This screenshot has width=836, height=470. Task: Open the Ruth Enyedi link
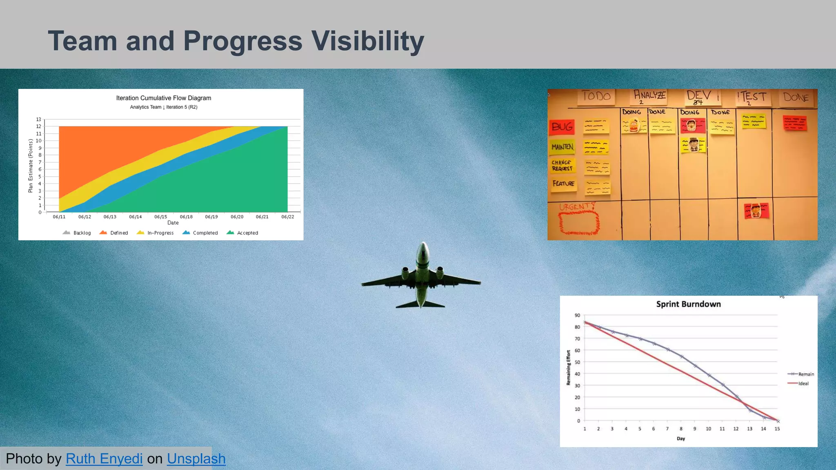(x=104, y=459)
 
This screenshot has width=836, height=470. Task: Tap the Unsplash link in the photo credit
(x=196, y=459)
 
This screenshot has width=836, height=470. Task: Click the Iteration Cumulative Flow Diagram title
(x=163, y=98)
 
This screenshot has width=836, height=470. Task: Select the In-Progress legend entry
(x=155, y=233)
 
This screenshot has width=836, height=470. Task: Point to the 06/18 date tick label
(x=186, y=217)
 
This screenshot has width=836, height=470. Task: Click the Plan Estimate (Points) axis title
(x=30, y=166)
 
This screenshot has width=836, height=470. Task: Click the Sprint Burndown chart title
(x=688, y=304)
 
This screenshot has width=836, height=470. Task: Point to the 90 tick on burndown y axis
(x=577, y=315)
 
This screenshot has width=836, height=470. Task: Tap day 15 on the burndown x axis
(x=777, y=429)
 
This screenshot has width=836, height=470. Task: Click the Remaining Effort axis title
(x=568, y=368)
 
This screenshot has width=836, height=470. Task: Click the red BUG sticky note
(x=562, y=127)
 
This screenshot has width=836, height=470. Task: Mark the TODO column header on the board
(x=596, y=96)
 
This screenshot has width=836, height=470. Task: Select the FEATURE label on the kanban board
(x=563, y=184)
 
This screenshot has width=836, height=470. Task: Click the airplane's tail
(x=420, y=304)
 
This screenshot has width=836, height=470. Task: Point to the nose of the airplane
(x=423, y=245)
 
